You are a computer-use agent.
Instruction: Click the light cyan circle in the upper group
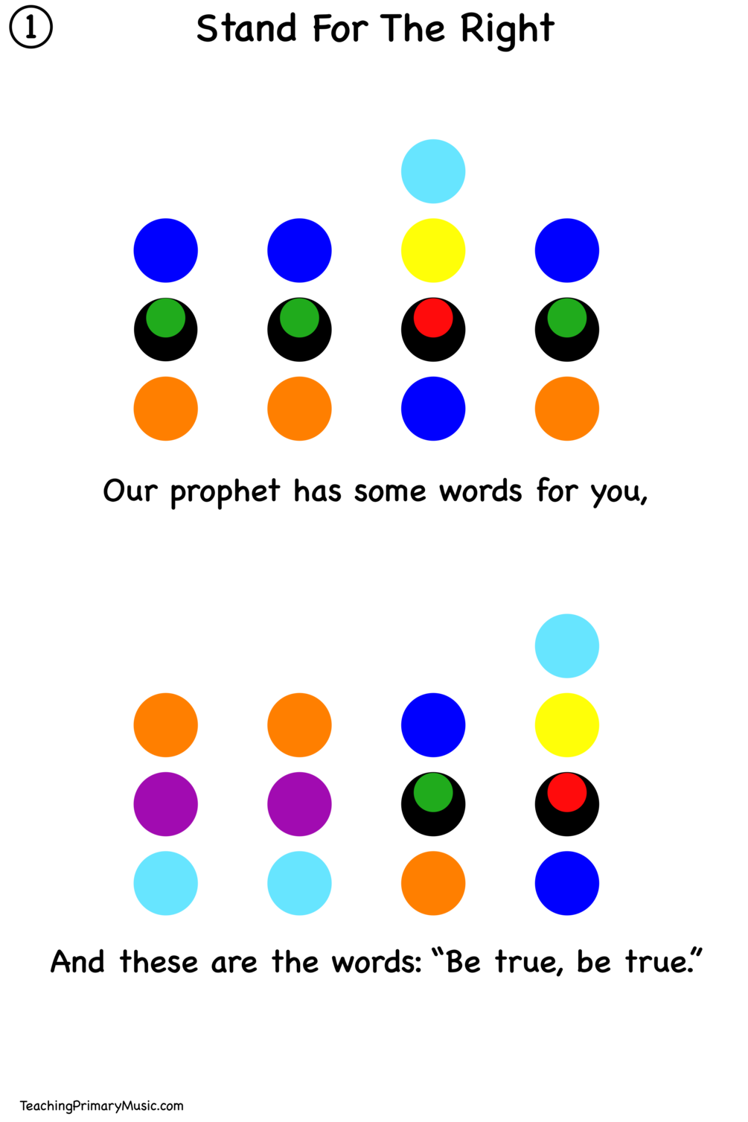tap(433, 171)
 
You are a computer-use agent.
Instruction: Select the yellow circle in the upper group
tap(433, 250)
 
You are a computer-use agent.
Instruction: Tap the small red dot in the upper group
tap(433, 318)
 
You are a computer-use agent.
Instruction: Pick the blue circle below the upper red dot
tap(433, 409)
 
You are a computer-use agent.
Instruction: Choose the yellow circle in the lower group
tap(567, 725)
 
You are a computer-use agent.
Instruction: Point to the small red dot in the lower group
tap(567, 792)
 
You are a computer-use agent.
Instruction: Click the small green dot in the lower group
tap(433, 792)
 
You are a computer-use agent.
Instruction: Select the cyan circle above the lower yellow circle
tap(567, 646)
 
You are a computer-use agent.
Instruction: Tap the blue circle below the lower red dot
tap(567, 883)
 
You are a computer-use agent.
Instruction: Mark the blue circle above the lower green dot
tap(433, 725)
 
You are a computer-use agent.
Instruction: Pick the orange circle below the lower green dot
tap(433, 883)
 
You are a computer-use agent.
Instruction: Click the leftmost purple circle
tap(166, 804)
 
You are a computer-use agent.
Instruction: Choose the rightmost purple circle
tap(299, 804)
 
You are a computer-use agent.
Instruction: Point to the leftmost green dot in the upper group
tap(166, 318)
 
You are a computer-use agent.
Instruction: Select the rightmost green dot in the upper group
tap(567, 318)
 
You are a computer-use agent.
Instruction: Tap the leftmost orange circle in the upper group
tap(166, 409)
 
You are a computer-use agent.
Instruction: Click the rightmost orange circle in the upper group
tap(567, 409)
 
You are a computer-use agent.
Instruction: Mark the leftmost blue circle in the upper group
tap(166, 250)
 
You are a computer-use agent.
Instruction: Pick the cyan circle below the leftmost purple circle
tap(166, 883)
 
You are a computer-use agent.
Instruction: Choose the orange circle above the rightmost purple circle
tap(299, 725)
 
